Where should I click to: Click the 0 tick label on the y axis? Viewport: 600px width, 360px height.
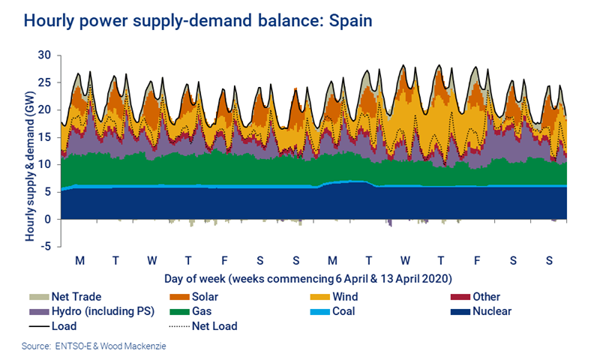point(48,219)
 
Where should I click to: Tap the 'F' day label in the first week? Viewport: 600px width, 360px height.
point(224,260)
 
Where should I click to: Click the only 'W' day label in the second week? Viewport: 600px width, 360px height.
point(405,260)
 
